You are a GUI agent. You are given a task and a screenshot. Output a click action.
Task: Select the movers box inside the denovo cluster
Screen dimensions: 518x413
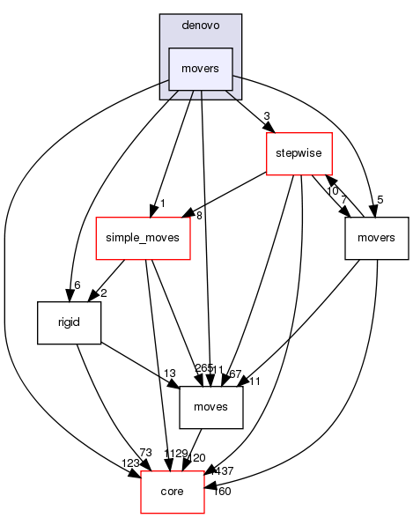pos(200,69)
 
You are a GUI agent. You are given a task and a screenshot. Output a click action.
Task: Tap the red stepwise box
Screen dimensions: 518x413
pos(299,153)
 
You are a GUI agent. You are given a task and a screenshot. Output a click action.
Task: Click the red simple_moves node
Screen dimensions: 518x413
pos(143,239)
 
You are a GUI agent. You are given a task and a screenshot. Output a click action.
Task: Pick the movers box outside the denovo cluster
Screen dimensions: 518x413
pos(377,239)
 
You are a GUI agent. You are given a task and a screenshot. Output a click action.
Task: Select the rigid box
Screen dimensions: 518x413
pos(69,323)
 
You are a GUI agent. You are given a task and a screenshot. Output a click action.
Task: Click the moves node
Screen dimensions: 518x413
pos(211,407)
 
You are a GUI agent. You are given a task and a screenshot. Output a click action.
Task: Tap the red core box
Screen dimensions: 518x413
pos(173,491)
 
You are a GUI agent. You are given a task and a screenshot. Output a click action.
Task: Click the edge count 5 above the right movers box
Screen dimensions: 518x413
pos(380,199)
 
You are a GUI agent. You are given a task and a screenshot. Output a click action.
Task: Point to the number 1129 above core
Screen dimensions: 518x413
pos(175,453)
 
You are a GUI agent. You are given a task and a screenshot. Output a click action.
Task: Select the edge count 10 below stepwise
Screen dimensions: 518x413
pos(332,191)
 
